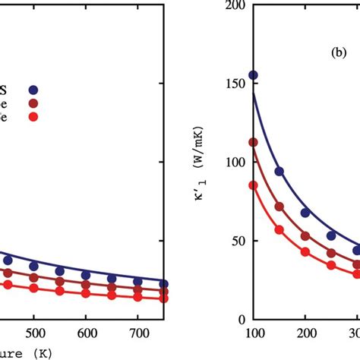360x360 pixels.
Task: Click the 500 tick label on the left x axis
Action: coord(33,334)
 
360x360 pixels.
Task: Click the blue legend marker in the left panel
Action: coord(33,89)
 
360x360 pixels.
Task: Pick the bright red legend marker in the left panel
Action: coord(33,116)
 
